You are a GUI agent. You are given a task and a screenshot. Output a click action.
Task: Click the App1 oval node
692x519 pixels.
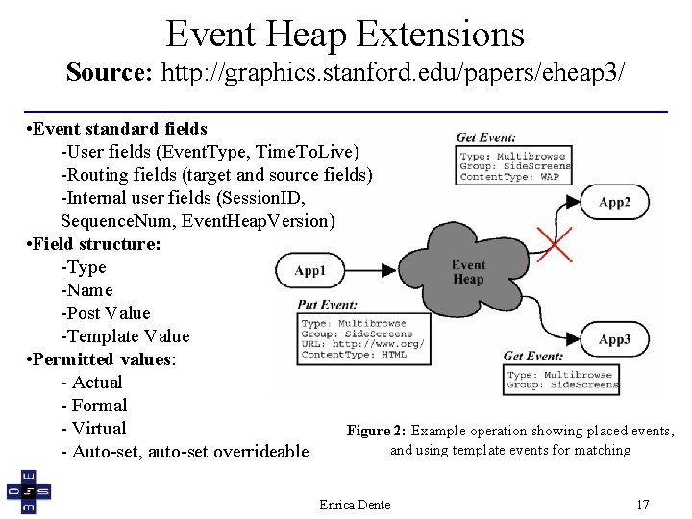pyautogui.click(x=309, y=271)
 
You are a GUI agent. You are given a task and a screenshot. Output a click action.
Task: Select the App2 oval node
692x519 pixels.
pyautogui.click(x=614, y=202)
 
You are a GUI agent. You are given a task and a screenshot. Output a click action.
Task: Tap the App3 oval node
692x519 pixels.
pyautogui.click(x=614, y=339)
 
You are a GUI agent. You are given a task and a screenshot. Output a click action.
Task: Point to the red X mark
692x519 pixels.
pyautogui.click(x=554, y=244)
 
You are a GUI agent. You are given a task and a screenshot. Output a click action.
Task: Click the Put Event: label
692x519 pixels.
pyautogui.click(x=327, y=305)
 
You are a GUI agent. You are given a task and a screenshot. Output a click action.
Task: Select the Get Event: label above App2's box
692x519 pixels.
pyautogui.click(x=485, y=137)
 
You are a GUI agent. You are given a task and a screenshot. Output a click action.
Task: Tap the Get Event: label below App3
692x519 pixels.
pyautogui.click(x=533, y=357)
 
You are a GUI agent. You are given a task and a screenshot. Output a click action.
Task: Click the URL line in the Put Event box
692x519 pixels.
pyautogui.click(x=362, y=344)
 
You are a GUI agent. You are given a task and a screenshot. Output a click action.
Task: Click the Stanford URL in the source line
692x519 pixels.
pyautogui.click(x=393, y=71)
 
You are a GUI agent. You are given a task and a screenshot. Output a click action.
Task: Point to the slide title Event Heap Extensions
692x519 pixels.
pyautogui.click(x=345, y=34)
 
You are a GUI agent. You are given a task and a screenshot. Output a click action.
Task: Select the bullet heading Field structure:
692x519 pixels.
pyautogui.click(x=96, y=244)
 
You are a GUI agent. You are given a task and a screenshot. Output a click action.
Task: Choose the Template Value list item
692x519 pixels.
pyautogui.click(x=125, y=336)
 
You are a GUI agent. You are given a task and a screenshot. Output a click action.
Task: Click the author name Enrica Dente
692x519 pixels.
pyautogui.click(x=355, y=505)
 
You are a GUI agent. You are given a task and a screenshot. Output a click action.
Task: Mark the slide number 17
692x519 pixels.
pyautogui.click(x=643, y=505)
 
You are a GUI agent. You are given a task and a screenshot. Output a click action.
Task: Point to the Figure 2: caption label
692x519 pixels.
pyautogui.click(x=376, y=431)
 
